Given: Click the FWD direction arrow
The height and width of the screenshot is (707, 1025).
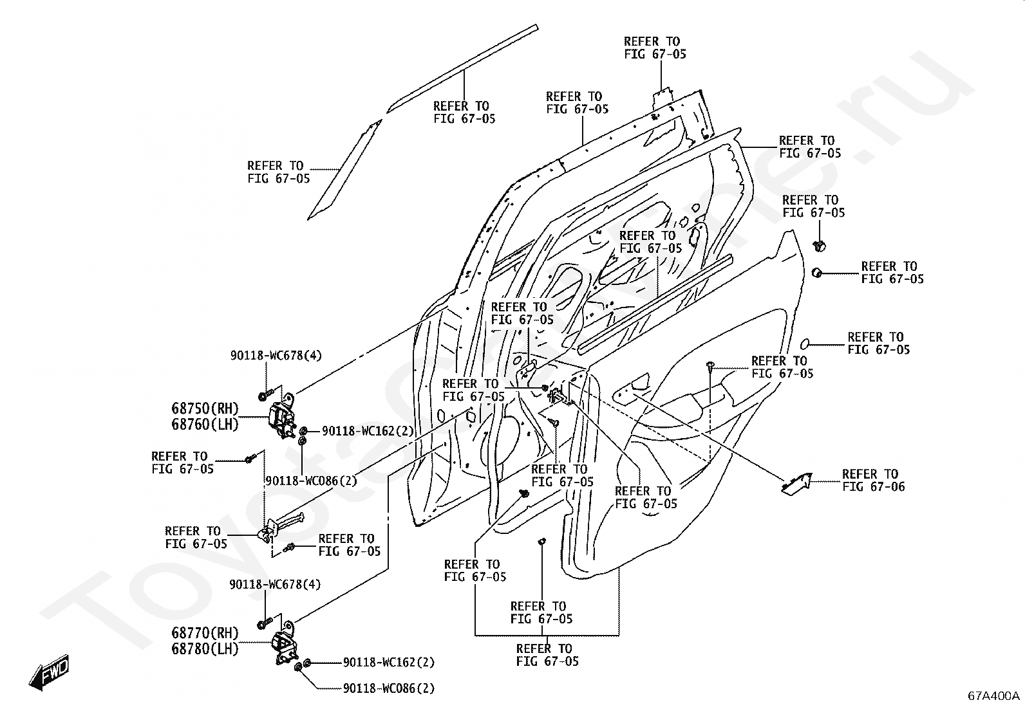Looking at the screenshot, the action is click(49, 672).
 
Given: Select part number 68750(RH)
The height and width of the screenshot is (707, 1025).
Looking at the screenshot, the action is click(205, 408).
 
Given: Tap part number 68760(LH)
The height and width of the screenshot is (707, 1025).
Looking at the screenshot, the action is click(205, 425).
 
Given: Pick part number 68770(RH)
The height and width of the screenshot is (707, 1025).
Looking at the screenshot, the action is click(205, 633).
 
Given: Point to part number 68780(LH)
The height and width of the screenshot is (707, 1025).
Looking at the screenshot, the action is click(205, 649).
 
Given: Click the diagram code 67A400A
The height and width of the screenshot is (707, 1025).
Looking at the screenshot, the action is click(993, 695).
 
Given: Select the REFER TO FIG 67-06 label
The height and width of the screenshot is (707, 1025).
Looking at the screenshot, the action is click(873, 480).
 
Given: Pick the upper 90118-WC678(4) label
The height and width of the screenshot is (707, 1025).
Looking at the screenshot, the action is click(276, 355).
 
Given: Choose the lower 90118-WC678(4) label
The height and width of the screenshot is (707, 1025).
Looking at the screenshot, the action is click(275, 584).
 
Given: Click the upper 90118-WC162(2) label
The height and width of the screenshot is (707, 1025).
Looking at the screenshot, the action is click(368, 431).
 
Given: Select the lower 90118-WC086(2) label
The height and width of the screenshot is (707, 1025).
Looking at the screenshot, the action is click(389, 688).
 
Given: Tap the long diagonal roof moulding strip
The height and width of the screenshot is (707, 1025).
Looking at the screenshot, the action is click(462, 69).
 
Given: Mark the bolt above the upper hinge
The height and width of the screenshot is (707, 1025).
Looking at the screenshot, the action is click(265, 394).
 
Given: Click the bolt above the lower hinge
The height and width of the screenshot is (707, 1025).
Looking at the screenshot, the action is click(265, 623).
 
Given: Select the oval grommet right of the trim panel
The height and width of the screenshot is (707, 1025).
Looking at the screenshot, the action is click(805, 344).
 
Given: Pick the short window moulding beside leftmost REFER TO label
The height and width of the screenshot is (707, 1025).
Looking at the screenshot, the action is click(344, 170).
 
